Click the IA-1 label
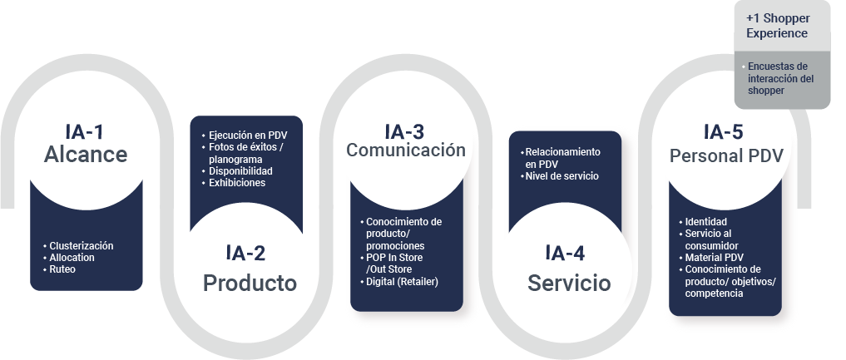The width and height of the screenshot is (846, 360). (86, 131)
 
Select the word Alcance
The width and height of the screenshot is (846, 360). (86, 155)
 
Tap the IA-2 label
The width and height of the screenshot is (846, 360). (245, 254)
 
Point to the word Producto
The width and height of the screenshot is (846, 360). (250, 284)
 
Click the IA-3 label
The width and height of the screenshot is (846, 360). (404, 131)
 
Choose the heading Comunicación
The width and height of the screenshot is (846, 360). (406, 150)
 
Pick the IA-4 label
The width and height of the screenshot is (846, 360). (566, 254)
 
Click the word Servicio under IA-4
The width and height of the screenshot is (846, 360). (569, 284)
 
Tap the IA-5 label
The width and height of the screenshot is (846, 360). (724, 131)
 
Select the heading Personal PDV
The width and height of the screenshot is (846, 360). (726, 155)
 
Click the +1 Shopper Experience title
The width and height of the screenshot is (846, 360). (777, 26)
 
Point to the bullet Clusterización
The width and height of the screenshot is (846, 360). (81, 246)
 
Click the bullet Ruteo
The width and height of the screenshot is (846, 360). (62, 269)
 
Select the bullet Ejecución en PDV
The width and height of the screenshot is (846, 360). (249, 136)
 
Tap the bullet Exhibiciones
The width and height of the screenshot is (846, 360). (237, 182)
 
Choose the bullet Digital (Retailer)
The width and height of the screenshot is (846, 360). (402, 282)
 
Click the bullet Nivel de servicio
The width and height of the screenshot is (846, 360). (562, 175)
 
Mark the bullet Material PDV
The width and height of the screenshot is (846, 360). (715, 257)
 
